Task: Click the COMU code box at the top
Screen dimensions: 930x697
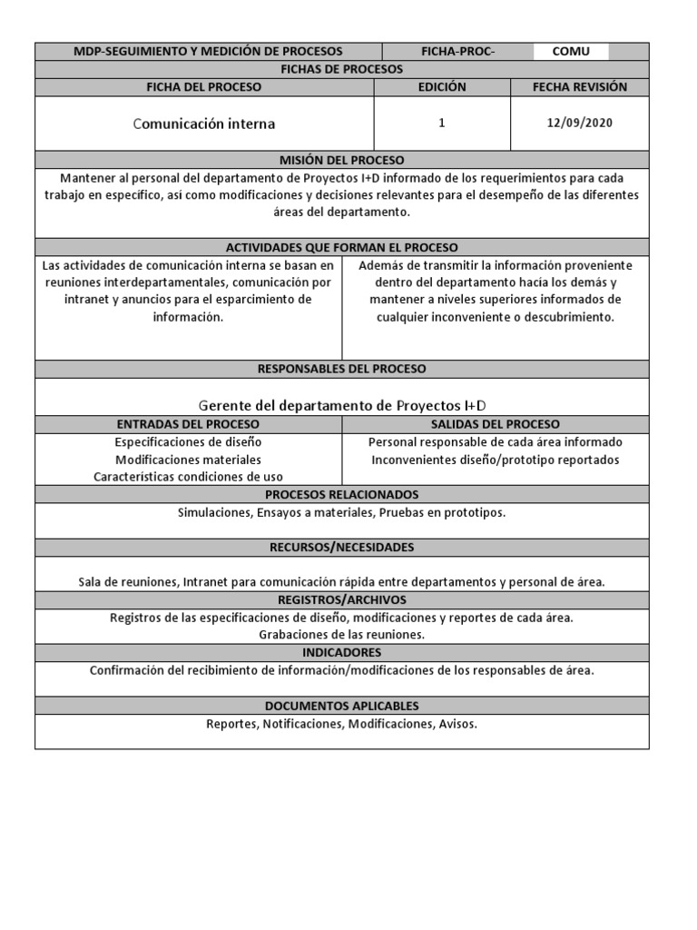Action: click(x=571, y=51)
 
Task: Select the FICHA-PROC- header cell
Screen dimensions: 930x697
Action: click(x=458, y=51)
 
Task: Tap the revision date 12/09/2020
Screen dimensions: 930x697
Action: click(x=580, y=123)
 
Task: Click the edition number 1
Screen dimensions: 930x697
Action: click(x=442, y=123)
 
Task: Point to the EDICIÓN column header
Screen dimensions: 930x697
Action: click(x=442, y=87)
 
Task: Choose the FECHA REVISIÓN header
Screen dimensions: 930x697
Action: click(x=580, y=87)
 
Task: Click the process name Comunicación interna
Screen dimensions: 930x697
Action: click(x=204, y=124)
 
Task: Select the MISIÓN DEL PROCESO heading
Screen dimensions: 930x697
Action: click(x=342, y=160)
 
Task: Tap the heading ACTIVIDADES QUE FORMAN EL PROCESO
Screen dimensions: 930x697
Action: click(x=342, y=247)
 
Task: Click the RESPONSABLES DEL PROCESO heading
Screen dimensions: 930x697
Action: click(x=342, y=369)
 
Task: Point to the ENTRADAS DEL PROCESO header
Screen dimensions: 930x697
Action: click(x=188, y=424)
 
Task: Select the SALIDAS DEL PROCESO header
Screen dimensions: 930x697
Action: click(x=496, y=424)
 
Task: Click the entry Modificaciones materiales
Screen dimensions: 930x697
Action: click(x=188, y=460)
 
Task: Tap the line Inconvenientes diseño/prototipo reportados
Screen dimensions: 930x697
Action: click(x=496, y=460)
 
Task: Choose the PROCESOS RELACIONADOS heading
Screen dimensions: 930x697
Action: click(x=342, y=494)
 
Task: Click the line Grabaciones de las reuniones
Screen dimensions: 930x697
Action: click(x=342, y=635)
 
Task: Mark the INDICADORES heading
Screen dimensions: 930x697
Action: click(x=342, y=652)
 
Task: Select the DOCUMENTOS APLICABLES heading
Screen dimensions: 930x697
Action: click(x=342, y=706)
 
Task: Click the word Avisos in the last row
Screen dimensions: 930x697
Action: click(x=457, y=724)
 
